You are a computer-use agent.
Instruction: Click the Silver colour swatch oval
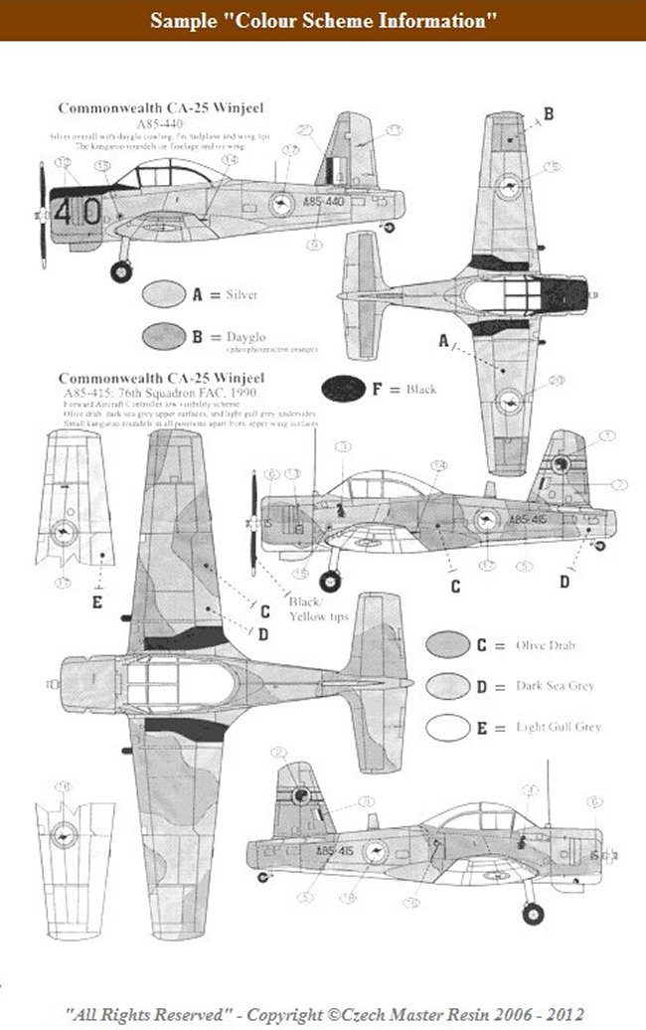tap(164, 294)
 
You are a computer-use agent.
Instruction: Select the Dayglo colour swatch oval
tap(164, 336)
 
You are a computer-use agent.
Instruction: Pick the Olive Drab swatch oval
tap(447, 644)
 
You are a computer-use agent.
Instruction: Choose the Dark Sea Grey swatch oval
tap(447, 686)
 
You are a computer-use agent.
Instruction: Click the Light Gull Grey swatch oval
tap(447, 727)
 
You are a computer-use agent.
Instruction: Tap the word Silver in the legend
tap(242, 295)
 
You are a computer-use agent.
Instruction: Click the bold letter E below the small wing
tap(97, 601)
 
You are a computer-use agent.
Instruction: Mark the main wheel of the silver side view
tap(123, 269)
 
